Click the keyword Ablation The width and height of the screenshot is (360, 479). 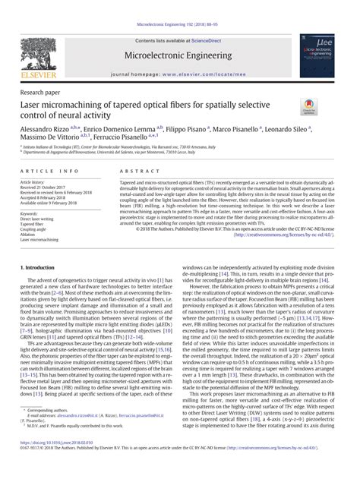[x=30, y=235]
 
